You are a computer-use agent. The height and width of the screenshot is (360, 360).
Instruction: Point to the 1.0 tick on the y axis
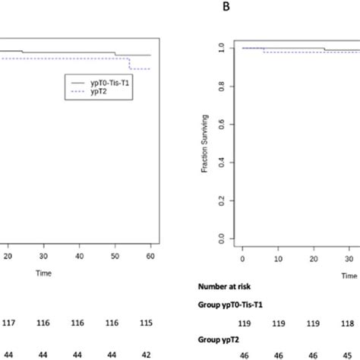(x=221, y=48)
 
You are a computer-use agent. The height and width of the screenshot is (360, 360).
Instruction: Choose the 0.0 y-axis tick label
(x=221, y=238)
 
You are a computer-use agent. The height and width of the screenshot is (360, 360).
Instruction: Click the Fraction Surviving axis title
(x=204, y=144)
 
